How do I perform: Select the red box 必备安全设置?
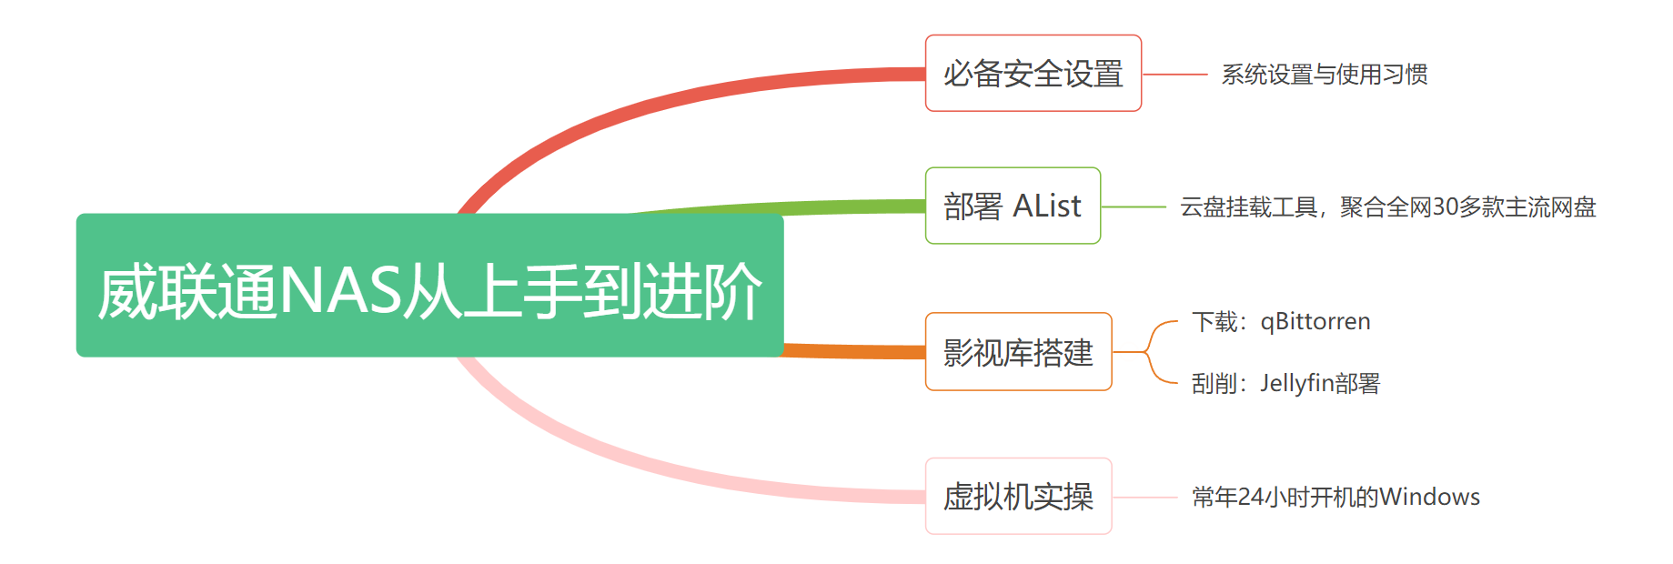pos(1033,74)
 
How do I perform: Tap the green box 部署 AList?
pos(1013,206)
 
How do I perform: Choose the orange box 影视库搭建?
pos(1018,352)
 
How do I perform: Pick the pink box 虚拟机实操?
pos(1018,497)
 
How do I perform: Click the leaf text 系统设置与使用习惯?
pos(1324,75)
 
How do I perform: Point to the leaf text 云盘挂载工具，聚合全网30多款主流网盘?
pos(1387,207)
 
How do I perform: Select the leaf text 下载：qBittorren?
pos(1281,322)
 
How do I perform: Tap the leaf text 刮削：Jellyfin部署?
pos(1285,384)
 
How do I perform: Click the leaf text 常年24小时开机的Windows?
pos(1335,498)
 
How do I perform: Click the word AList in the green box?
pos(1046,206)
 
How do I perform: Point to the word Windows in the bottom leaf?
pos(1429,498)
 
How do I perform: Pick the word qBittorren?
pos(1315,322)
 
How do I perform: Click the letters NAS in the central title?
pos(341,291)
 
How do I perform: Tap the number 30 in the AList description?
pos(1445,207)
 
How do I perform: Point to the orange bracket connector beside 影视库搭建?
pos(1148,352)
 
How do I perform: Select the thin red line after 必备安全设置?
pos(1174,75)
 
